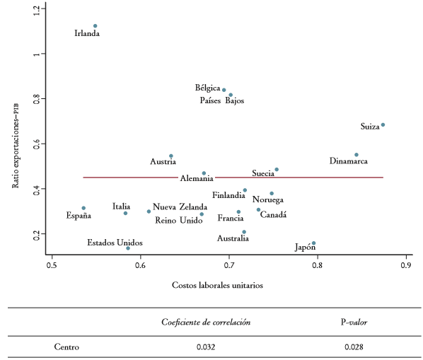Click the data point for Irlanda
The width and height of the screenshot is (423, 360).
coord(95,26)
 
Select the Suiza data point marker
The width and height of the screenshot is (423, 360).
coord(383,125)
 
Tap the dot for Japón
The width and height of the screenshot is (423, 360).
coord(313,243)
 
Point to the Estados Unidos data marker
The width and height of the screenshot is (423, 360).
coord(128,248)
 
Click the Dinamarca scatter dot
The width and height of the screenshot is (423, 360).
coord(357,155)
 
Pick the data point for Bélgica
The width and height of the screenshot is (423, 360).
coord(224,90)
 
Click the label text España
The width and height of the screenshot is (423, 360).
coord(79,215)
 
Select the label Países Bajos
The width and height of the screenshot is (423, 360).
coord(221,101)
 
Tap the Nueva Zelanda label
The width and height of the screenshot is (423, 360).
coord(180,207)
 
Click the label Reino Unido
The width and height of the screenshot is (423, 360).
coord(179,221)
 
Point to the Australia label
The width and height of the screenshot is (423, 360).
coord(233,238)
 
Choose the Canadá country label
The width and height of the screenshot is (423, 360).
coord(273,215)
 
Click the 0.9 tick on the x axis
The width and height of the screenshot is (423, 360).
coord(406,266)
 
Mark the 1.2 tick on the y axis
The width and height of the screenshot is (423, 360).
coord(36,9)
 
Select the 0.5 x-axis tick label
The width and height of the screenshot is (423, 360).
coord(52,266)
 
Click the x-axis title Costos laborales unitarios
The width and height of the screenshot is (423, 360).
coord(219,285)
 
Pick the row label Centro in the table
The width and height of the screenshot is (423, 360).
coord(66,347)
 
